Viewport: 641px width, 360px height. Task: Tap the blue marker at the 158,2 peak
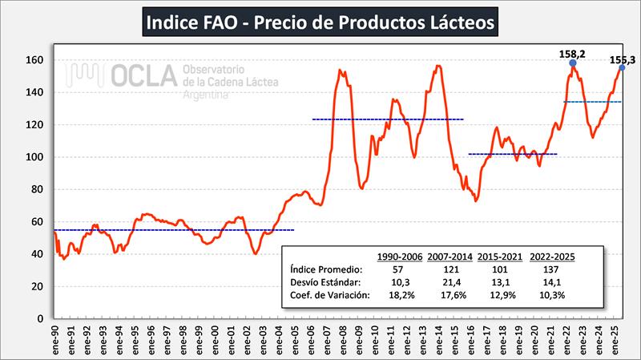point(573,63)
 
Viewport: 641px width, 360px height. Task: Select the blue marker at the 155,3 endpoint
point(622,67)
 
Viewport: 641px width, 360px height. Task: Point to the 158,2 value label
point(573,52)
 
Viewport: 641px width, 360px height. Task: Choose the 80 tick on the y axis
point(35,190)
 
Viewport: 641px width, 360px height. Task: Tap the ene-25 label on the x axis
point(612,340)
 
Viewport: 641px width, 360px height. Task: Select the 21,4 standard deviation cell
point(450,283)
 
